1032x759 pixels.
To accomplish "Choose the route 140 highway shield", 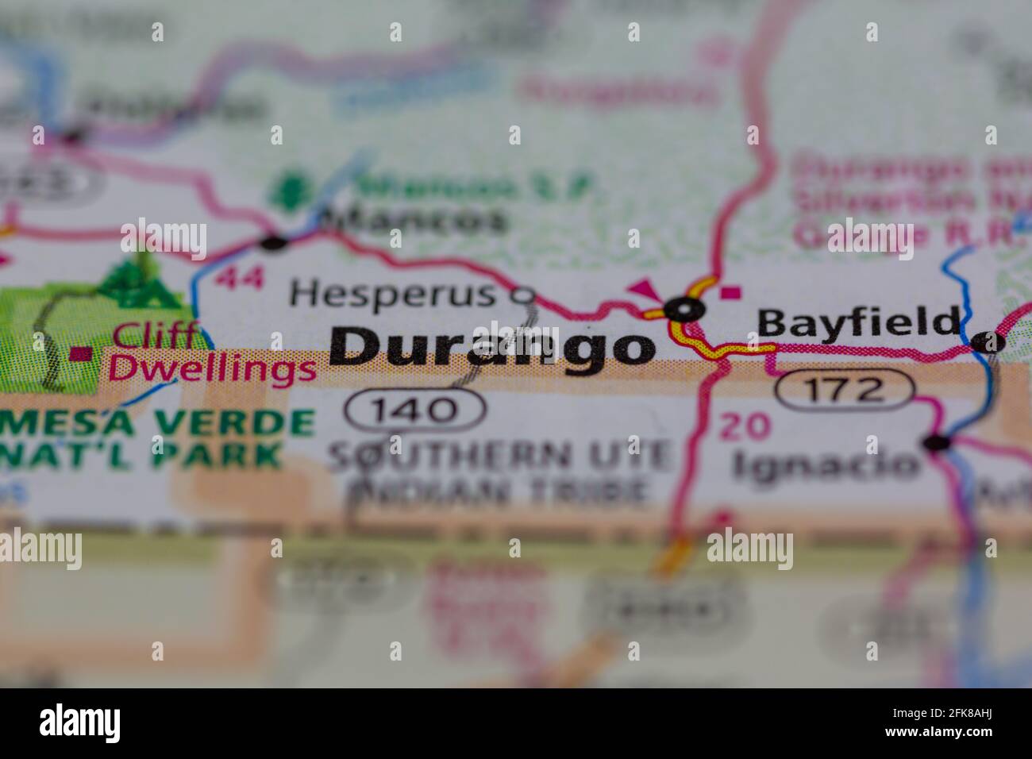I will (414, 409).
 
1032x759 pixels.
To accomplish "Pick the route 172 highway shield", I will (844, 389).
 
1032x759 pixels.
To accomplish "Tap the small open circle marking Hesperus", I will (522, 296).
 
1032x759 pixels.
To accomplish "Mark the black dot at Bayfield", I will (988, 342).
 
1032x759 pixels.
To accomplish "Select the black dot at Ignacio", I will (938, 443).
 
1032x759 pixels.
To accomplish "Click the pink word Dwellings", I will (212, 368).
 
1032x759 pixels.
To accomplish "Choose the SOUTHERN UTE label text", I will (500, 455).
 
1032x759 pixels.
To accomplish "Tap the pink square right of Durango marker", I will (731, 292).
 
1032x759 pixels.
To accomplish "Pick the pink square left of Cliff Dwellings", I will (79, 354).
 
